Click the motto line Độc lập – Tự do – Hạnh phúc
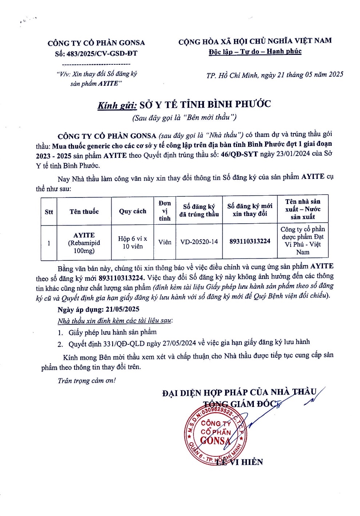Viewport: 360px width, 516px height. pyautogui.click(x=255, y=52)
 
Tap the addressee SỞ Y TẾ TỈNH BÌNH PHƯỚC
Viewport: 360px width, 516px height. pyautogui.click(x=205, y=105)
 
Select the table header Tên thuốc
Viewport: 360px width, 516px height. pyautogui.click(x=84, y=212)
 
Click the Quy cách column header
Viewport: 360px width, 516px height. pyautogui.click(x=132, y=211)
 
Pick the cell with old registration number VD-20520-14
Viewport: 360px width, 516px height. pyautogui.click(x=199, y=242)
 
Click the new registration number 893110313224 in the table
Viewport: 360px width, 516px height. pyautogui.click(x=250, y=241)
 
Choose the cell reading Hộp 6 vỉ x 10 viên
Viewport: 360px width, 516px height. pyautogui.click(x=132, y=243)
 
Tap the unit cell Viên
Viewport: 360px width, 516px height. pyautogui.click(x=165, y=242)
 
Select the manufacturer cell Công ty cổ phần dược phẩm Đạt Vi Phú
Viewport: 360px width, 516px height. pyautogui.click(x=303, y=240)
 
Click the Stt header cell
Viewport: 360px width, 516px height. pyautogui.click(x=49, y=212)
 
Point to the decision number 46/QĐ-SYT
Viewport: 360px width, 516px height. pyautogui.click(x=240, y=154)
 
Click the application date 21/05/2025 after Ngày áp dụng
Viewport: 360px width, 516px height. pyautogui.click(x=122, y=309)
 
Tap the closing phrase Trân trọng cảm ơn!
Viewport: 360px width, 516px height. pyautogui.click(x=87, y=381)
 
